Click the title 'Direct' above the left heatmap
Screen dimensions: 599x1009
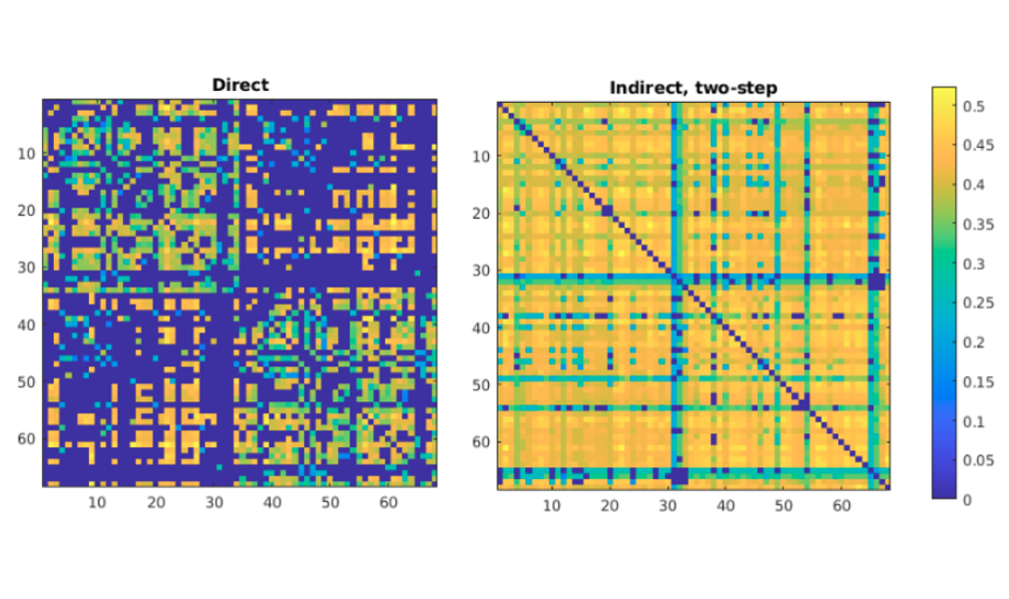click(240, 85)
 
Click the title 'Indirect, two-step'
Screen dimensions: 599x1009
click(693, 89)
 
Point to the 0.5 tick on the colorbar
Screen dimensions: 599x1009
click(976, 106)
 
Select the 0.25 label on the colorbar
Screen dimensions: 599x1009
click(980, 302)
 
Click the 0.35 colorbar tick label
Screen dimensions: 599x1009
click(980, 224)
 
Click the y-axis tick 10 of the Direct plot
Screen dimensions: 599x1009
click(27, 154)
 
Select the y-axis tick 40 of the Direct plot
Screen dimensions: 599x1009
click(27, 325)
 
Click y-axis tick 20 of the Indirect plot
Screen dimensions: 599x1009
click(481, 214)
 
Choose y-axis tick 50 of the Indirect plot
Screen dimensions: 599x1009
click(481, 384)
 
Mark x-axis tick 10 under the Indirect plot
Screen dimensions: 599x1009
click(552, 506)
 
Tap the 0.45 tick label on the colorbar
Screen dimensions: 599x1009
click(980, 146)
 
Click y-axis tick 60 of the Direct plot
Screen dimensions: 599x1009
click(27, 439)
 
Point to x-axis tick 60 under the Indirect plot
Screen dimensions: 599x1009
click(841, 506)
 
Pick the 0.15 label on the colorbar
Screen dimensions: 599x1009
click(980, 381)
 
